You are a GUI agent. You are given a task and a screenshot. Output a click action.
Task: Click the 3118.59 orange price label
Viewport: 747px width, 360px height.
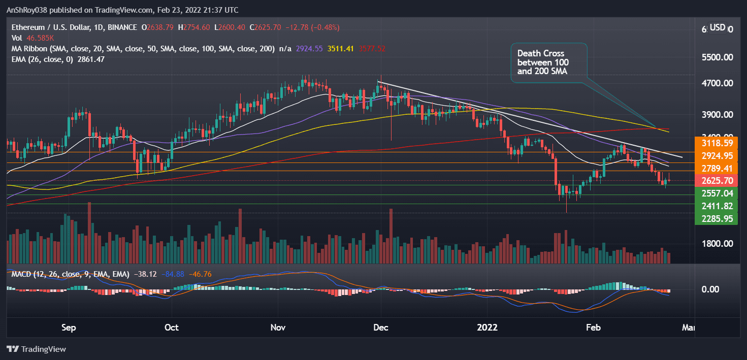[x=713, y=143]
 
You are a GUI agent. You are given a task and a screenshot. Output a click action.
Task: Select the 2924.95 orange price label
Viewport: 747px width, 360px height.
[x=713, y=155]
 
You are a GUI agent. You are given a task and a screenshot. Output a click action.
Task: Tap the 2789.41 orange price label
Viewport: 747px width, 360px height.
[x=713, y=168]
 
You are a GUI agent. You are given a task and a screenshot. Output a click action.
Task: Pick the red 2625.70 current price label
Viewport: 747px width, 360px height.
[x=713, y=181]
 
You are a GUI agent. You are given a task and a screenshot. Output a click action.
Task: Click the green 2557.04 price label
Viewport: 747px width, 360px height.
[x=713, y=193]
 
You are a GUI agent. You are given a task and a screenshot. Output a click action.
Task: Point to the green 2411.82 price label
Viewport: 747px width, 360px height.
[x=713, y=206]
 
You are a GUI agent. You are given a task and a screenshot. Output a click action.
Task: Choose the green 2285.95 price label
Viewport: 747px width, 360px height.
[x=713, y=219]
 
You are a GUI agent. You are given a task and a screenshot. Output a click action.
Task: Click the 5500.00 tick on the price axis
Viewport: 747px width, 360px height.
[x=716, y=57]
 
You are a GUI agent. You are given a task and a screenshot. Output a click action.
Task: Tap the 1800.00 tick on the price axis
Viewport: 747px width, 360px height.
[x=716, y=244]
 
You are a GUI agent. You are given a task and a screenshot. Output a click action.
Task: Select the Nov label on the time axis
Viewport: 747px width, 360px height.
[x=278, y=328]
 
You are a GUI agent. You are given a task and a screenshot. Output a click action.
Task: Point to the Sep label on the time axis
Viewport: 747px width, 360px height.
[x=69, y=328]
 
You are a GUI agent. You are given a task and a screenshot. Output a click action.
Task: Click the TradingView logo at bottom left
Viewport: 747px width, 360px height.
[x=36, y=349]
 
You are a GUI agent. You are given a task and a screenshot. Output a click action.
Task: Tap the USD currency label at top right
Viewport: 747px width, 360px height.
[x=717, y=27]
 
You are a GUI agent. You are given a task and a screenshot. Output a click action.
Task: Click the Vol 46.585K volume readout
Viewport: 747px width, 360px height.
[x=29, y=38]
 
